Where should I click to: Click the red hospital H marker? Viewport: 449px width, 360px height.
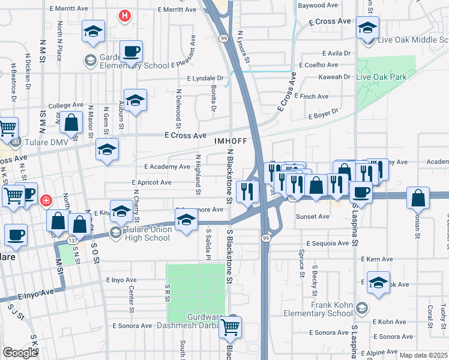point(124,15)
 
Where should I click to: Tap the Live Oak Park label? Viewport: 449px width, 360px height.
point(381,77)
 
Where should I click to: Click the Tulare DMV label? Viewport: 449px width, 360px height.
point(40,143)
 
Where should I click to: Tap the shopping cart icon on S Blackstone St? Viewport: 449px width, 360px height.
point(230,328)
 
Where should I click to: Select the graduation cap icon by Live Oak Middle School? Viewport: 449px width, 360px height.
point(367,28)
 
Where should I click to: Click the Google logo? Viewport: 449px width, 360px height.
point(19,353)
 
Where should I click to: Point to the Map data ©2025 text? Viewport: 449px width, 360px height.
point(423,355)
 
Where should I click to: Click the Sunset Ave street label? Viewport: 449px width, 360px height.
point(312,217)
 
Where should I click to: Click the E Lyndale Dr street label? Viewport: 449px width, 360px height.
point(205,79)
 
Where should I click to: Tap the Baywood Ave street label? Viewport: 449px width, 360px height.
point(318,5)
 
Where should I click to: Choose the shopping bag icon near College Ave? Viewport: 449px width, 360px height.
point(71,123)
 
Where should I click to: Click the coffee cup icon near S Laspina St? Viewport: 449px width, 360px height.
point(360,191)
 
